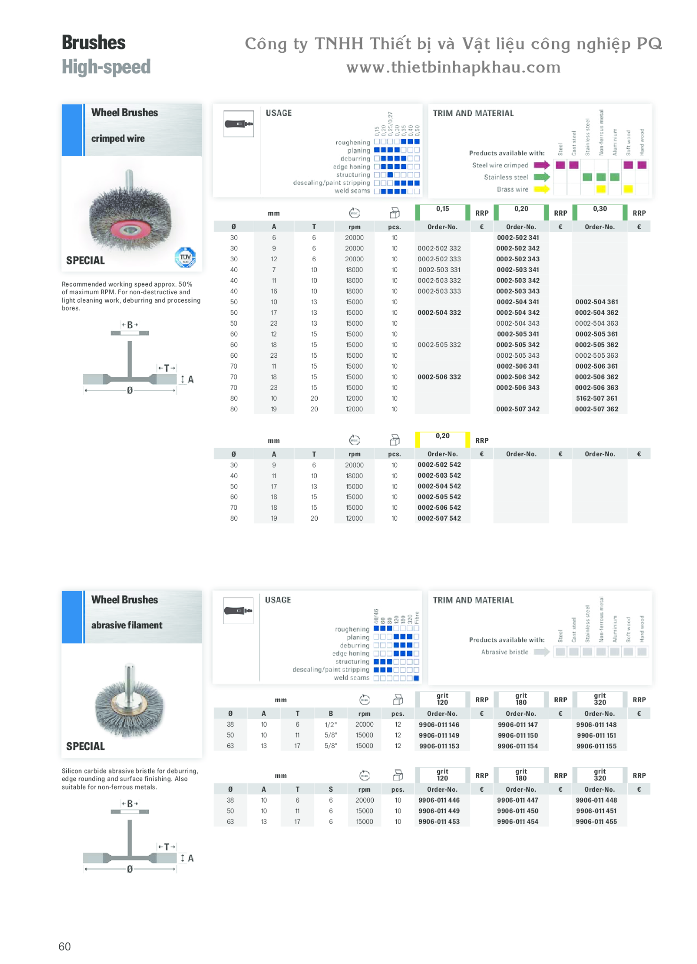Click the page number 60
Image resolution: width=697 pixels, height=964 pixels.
click(x=64, y=947)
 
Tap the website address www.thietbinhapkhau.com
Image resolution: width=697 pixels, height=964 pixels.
click(x=453, y=67)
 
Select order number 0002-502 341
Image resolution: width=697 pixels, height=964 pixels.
click(x=518, y=238)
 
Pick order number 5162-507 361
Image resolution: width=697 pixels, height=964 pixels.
click(x=596, y=398)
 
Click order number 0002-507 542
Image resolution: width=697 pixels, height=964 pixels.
click(x=439, y=518)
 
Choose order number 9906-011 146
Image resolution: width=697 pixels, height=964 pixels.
click(x=439, y=725)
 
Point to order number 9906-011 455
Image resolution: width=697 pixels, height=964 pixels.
click(x=596, y=822)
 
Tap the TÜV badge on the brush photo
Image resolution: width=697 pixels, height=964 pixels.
click(x=185, y=257)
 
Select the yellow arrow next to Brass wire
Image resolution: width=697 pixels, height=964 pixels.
click(x=542, y=189)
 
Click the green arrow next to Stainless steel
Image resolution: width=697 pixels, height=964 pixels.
click(x=542, y=177)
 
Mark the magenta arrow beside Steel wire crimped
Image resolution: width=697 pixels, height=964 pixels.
click(x=542, y=165)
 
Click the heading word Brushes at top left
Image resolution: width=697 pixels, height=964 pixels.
click(x=94, y=43)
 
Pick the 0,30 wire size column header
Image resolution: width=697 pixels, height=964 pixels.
click(x=600, y=209)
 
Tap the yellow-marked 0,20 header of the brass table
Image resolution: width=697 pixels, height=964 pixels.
click(x=442, y=436)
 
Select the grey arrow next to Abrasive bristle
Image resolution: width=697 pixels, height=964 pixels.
click(x=542, y=652)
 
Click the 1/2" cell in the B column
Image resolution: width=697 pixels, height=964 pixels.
click(x=331, y=725)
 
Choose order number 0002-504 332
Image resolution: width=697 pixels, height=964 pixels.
click(x=439, y=313)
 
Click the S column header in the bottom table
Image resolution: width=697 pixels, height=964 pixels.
click(x=331, y=789)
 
